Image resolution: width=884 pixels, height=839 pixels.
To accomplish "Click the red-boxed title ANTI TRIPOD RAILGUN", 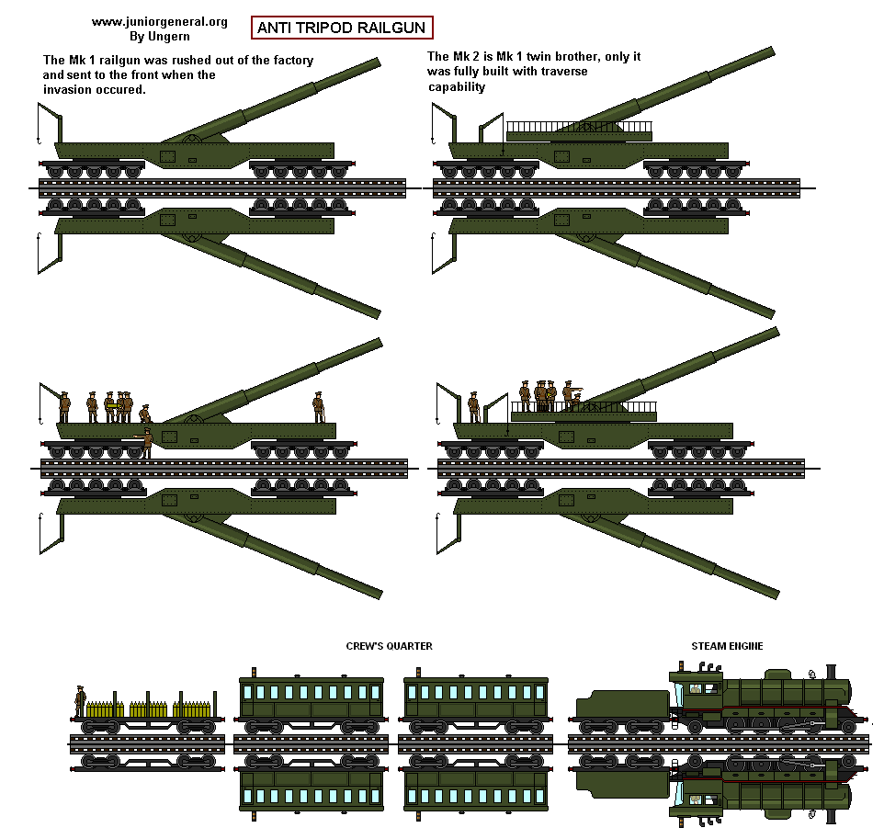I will [341, 28].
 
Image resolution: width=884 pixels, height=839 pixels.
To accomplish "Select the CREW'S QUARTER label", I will [389, 646].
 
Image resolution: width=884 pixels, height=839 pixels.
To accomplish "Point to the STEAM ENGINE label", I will [727, 646].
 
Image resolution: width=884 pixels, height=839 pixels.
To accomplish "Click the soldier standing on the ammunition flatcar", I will [81, 701].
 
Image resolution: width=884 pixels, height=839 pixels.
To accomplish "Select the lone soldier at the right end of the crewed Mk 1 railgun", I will [318, 407].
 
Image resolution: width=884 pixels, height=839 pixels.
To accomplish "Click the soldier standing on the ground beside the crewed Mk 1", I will [146, 442].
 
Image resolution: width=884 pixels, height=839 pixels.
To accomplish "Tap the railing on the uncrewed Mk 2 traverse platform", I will [579, 126].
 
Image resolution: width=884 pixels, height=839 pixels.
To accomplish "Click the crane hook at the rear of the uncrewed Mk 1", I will [38, 139].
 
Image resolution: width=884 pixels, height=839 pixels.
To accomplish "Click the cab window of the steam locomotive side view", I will [696, 688].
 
